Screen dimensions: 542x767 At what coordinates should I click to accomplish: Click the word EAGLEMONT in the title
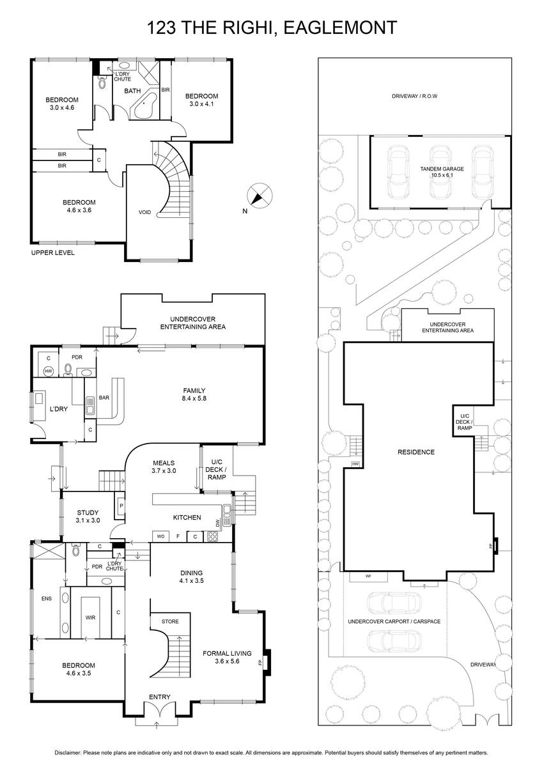[340, 27]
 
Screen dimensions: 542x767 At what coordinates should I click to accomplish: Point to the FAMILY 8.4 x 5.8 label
[194, 394]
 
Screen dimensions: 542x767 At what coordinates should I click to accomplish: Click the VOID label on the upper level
[144, 212]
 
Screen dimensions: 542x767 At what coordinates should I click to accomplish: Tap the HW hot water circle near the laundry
[49, 371]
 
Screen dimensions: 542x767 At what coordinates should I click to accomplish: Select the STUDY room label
[88, 512]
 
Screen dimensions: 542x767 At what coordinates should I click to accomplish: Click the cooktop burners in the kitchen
[213, 536]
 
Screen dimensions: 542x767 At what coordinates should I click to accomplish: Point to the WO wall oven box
[161, 536]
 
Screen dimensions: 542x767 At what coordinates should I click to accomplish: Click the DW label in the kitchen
[217, 523]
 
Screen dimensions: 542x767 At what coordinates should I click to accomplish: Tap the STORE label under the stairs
[170, 621]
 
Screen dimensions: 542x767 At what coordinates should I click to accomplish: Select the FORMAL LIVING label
[227, 653]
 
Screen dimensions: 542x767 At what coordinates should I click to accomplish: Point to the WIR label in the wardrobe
[90, 617]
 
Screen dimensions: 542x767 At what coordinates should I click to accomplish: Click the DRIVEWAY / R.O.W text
[414, 97]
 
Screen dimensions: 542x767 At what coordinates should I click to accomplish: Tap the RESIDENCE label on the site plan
[416, 452]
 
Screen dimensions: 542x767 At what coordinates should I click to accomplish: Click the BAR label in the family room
[104, 398]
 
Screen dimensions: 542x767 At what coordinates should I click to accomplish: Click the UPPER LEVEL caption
[52, 252]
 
